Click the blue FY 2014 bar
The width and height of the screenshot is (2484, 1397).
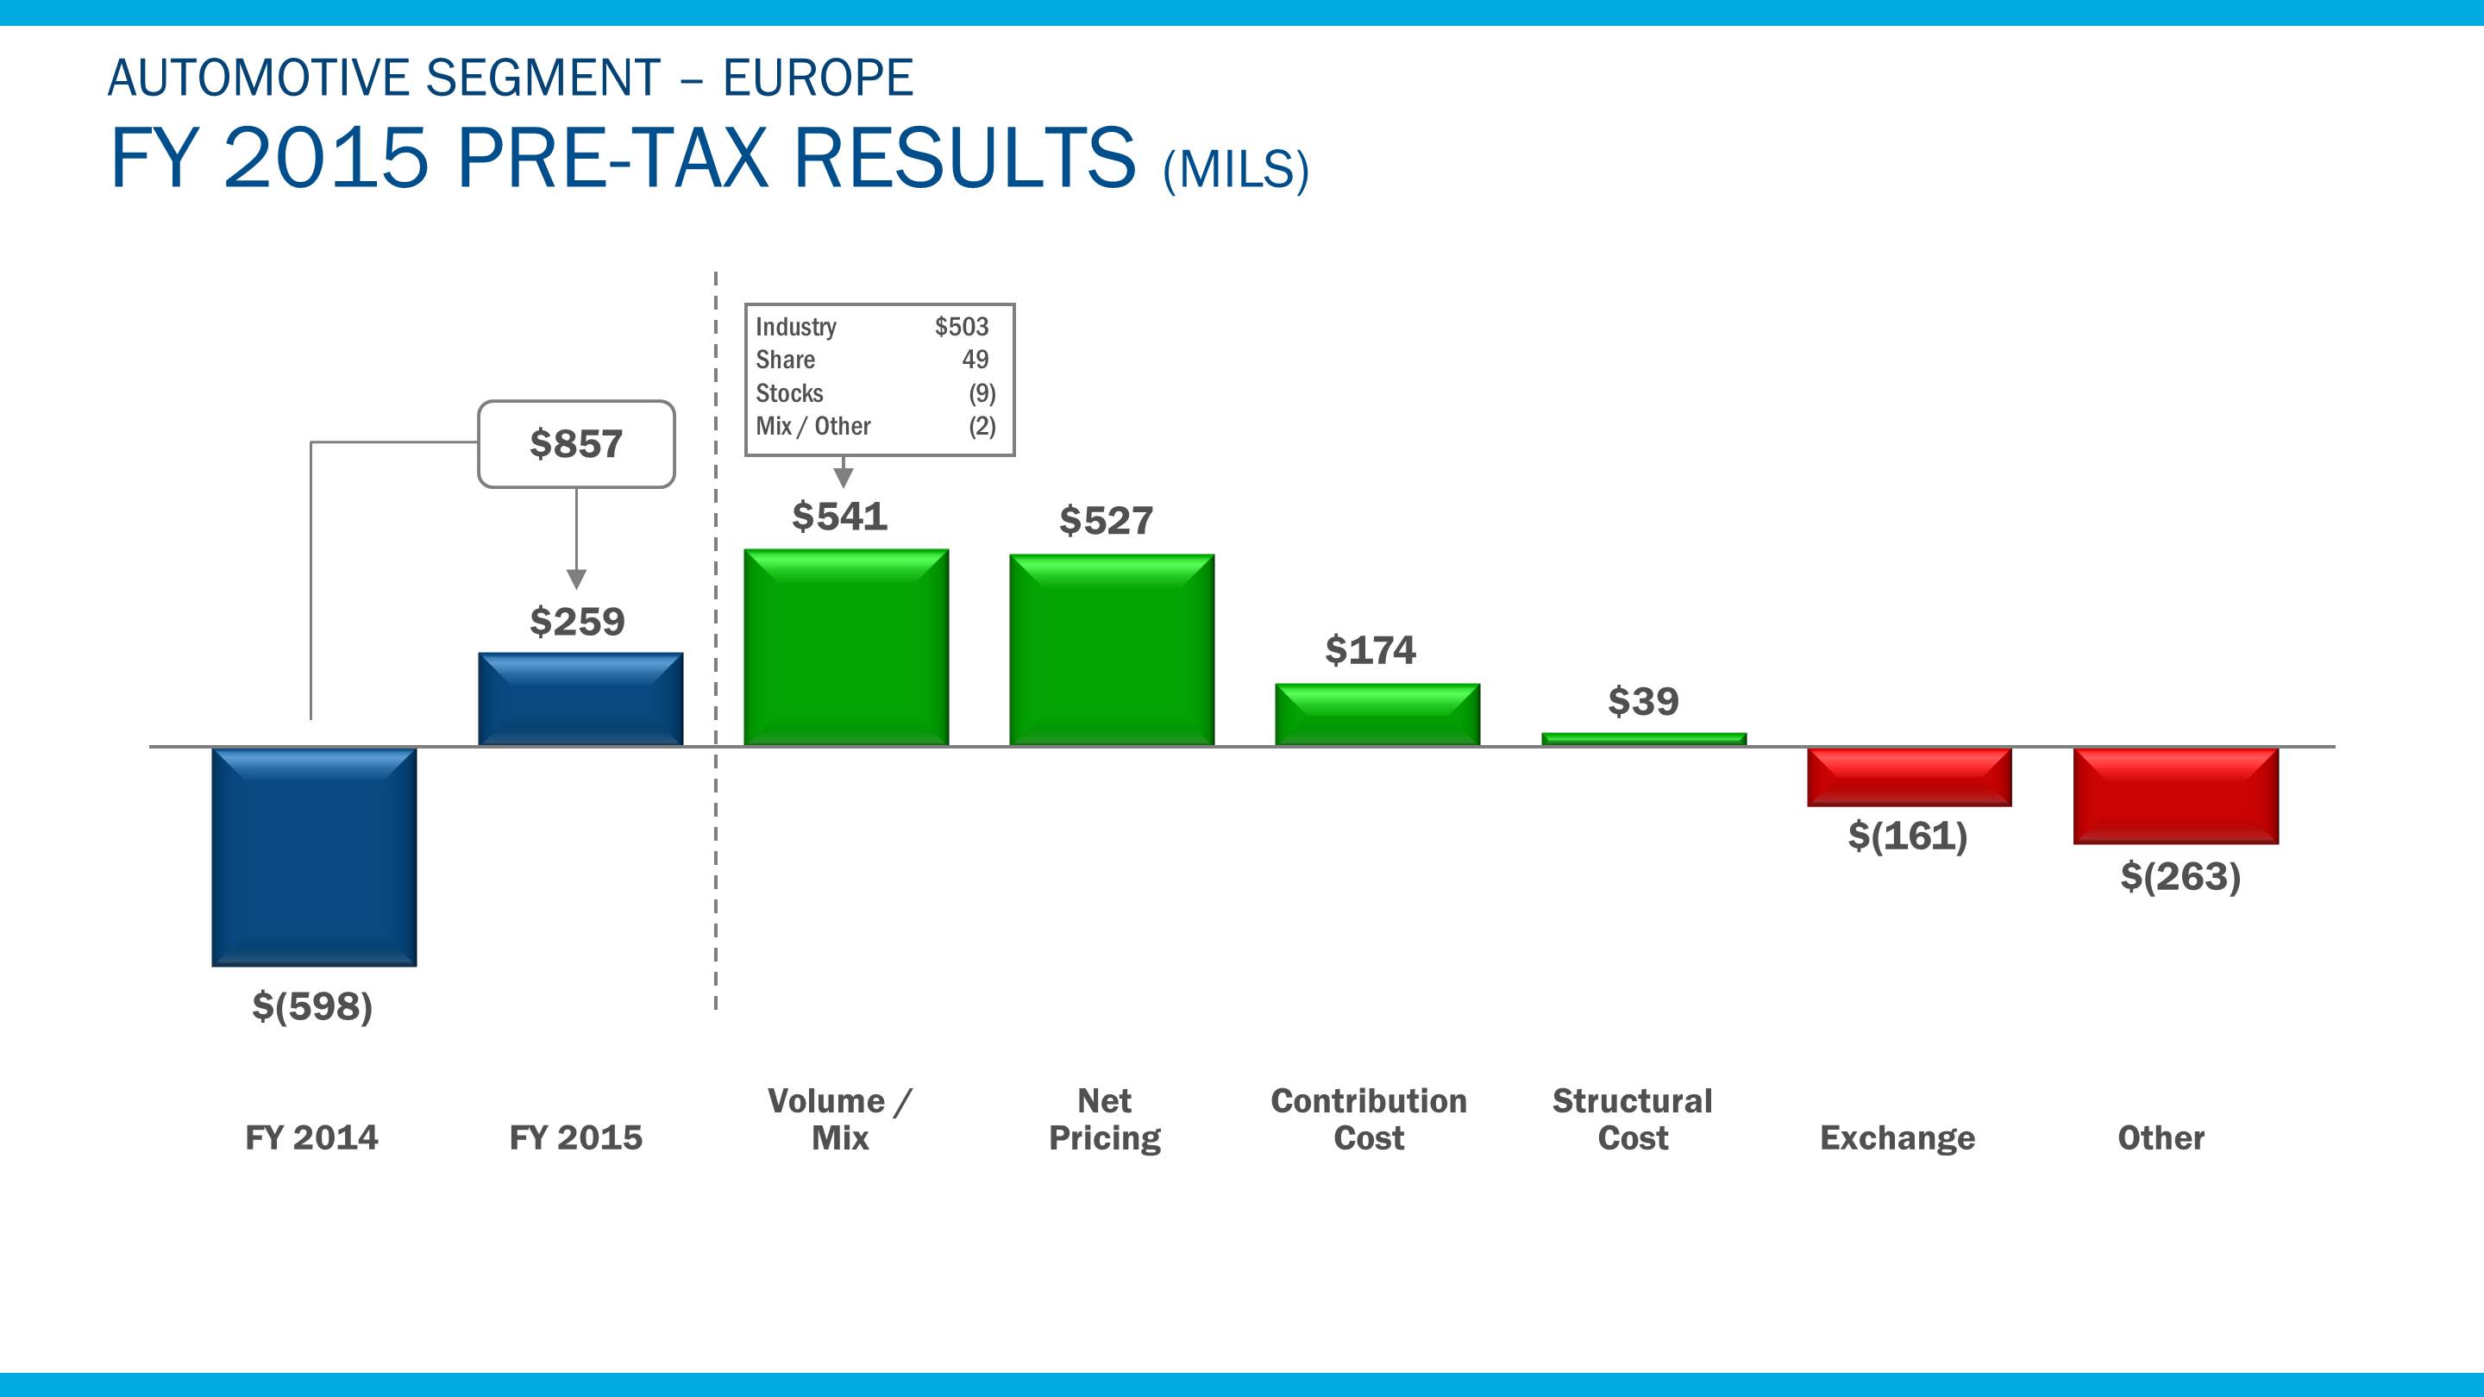[314, 856]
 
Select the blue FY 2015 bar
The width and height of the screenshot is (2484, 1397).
[580, 699]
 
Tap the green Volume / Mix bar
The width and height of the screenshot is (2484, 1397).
[845, 647]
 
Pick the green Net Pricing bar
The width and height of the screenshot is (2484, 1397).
[1111, 650]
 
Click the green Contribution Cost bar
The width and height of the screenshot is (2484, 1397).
[1377, 714]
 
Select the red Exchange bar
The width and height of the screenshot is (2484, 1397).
[1910, 777]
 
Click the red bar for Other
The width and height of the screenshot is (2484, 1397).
[2175, 796]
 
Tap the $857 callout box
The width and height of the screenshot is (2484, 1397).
[577, 444]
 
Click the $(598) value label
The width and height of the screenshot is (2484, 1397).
[312, 1006]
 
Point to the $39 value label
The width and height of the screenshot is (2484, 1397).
[1643, 701]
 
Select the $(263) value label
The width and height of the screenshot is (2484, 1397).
[2180, 876]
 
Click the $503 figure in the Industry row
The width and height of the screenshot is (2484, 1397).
[962, 327]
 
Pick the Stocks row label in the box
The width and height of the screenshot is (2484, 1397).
[789, 393]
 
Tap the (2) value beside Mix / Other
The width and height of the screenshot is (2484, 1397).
[982, 426]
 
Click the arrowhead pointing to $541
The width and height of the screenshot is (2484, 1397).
[844, 477]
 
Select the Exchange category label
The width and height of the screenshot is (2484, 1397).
[1897, 1137]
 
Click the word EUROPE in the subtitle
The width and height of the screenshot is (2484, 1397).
[818, 78]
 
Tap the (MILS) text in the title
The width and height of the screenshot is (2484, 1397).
[1235, 171]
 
